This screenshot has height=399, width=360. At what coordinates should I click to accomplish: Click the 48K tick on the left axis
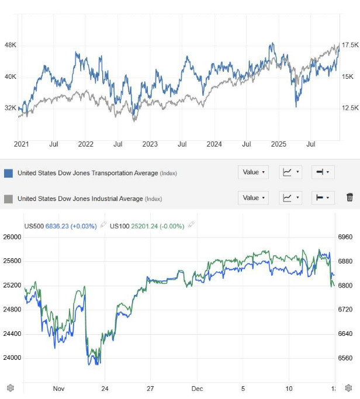11,45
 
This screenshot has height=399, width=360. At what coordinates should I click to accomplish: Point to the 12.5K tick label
350,107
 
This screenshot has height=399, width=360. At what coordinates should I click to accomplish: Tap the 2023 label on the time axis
150,144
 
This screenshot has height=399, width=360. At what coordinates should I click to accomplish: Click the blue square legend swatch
8,173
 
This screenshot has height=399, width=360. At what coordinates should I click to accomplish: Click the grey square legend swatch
8,199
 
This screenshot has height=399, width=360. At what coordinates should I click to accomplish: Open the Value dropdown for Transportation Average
253,172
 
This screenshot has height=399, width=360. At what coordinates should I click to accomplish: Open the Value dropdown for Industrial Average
253,198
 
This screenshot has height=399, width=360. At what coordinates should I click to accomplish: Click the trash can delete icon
349,197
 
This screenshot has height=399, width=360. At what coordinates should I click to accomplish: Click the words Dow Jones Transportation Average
88,173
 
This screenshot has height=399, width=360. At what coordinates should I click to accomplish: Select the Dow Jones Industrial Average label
80,199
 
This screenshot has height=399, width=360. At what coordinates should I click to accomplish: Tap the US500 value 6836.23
58,226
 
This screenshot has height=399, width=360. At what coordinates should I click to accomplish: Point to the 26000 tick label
12,237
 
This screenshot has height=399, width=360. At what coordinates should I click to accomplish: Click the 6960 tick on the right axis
345,237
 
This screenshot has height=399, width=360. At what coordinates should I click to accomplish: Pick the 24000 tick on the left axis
12,358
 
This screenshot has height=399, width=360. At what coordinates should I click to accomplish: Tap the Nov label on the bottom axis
58,388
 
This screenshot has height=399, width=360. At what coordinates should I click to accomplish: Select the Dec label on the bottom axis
197,388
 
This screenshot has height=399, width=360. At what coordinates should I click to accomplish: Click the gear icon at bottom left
10,388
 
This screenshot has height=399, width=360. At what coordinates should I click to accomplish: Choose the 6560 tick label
345,358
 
